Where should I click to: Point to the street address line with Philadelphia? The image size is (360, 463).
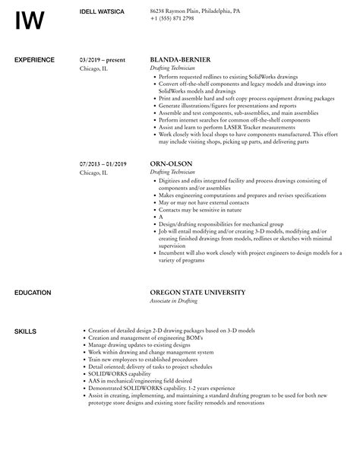pyautogui.click(x=196, y=11)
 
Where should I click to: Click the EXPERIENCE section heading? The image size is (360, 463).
pyautogui.click(x=34, y=59)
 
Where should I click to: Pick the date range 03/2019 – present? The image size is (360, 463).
pyautogui.click(x=103, y=59)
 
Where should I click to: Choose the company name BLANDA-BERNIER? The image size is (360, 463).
pyautogui.click(x=180, y=59)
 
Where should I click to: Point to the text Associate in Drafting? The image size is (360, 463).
pyautogui.click(x=175, y=301)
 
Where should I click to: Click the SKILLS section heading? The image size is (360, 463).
pyautogui.click(x=25, y=331)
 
